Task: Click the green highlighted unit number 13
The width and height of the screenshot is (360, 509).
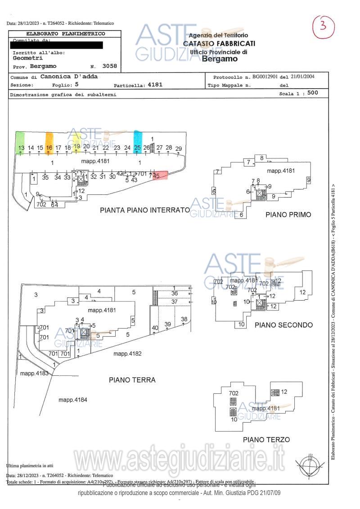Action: (x=21, y=148)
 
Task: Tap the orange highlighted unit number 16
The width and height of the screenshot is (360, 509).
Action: (x=49, y=148)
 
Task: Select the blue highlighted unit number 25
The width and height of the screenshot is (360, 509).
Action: (x=138, y=147)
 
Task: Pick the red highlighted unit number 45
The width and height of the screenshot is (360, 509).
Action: (x=157, y=176)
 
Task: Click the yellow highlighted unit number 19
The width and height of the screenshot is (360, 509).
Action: (x=77, y=146)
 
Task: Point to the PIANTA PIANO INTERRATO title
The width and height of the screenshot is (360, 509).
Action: (x=145, y=210)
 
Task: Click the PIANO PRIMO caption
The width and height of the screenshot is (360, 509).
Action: (x=288, y=215)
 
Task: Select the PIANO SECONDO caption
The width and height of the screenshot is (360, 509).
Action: (x=283, y=324)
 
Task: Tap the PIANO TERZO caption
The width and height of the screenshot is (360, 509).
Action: (x=266, y=439)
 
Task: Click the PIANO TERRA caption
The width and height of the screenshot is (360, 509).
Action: (x=132, y=380)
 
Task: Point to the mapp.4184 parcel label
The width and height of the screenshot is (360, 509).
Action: (x=73, y=400)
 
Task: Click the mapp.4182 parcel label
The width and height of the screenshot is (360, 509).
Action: (x=127, y=354)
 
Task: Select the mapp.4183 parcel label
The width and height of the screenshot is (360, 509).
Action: (x=34, y=373)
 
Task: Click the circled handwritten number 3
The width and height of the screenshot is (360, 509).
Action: (x=323, y=27)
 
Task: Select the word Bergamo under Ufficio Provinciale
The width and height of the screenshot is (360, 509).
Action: (x=220, y=59)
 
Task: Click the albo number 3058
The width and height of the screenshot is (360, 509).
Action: (x=109, y=66)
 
